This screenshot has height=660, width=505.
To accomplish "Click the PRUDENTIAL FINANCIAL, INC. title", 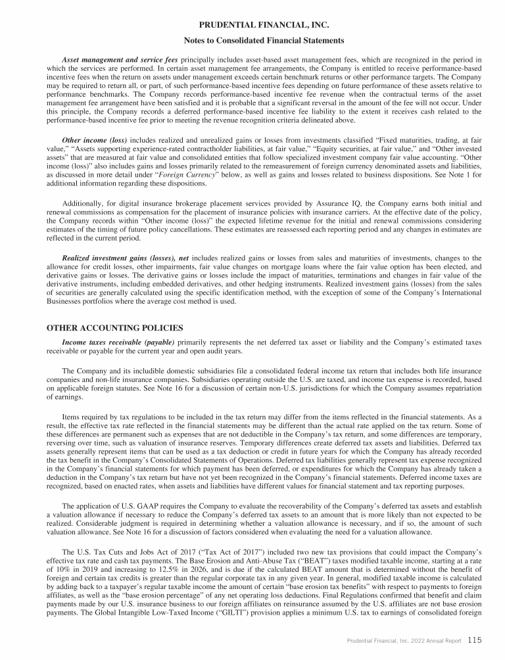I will pos(252,26).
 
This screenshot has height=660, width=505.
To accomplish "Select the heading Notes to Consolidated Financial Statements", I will pos(252,41).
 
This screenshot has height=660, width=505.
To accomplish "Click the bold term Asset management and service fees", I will pos(120,60).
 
